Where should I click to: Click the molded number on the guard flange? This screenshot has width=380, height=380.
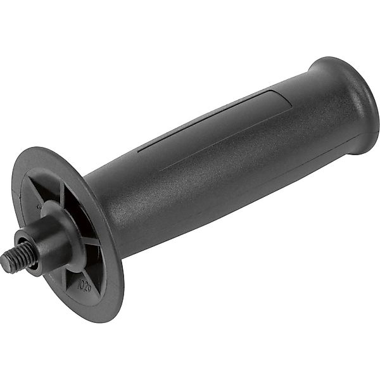84,285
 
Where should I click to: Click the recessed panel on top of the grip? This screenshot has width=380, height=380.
215,120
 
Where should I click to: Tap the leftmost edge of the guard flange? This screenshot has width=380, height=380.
14,190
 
